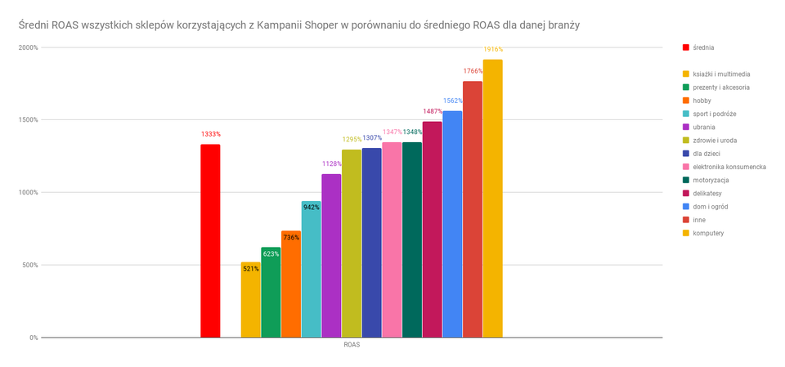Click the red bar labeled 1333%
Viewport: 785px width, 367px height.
pyautogui.click(x=210, y=240)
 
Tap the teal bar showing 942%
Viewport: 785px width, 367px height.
pyautogui.click(x=311, y=269)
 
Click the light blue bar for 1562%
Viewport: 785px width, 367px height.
pyautogui.click(x=452, y=224)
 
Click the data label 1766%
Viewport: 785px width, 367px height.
pyautogui.click(x=473, y=71)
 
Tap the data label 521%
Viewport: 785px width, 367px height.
pyautogui.click(x=250, y=268)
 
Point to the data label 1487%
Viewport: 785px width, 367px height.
pyautogui.click(x=433, y=111)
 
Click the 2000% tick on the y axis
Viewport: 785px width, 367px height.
pyautogui.click(x=28, y=47)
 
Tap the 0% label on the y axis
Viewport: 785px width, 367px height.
pyautogui.click(x=33, y=338)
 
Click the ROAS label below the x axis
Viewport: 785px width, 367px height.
pyautogui.click(x=352, y=345)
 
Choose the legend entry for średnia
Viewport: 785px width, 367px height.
pyautogui.click(x=702, y=47)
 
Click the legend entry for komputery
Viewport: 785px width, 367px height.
pyautogui.click(x=708, y=233)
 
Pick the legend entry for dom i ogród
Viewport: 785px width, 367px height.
pyautogui.click(x=710, y=207)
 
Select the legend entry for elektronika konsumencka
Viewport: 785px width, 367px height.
pyautogui.click(x=729, y=167)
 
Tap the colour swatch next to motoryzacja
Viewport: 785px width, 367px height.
pyautogui.click(x=685, y=180)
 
